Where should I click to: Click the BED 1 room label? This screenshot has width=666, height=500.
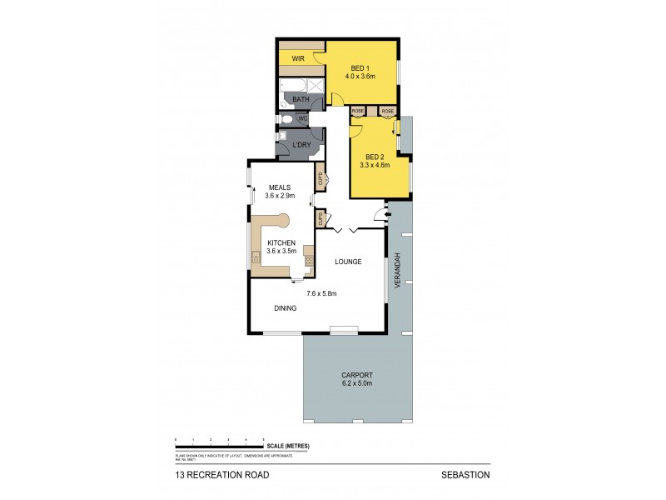click(361, 68)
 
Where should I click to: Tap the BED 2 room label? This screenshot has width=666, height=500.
click(375, 157)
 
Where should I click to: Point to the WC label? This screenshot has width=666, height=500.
click(303, 119)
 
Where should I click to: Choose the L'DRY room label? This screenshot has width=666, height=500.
click(301, 147)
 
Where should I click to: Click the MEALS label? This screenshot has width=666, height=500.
click(277, 187)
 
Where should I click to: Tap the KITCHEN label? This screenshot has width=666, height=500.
click(281, 242)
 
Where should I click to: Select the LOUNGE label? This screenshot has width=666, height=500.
click(347, 262)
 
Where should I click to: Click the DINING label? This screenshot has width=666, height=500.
click(286, 308)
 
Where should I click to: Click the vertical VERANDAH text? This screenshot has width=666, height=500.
click(399, 269)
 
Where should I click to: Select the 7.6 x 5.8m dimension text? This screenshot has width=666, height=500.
click(321, 293)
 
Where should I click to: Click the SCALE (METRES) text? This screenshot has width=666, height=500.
click(291, 447)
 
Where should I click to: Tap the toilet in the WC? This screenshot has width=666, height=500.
click(286, 119)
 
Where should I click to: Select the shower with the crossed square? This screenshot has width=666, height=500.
click(316, 85)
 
